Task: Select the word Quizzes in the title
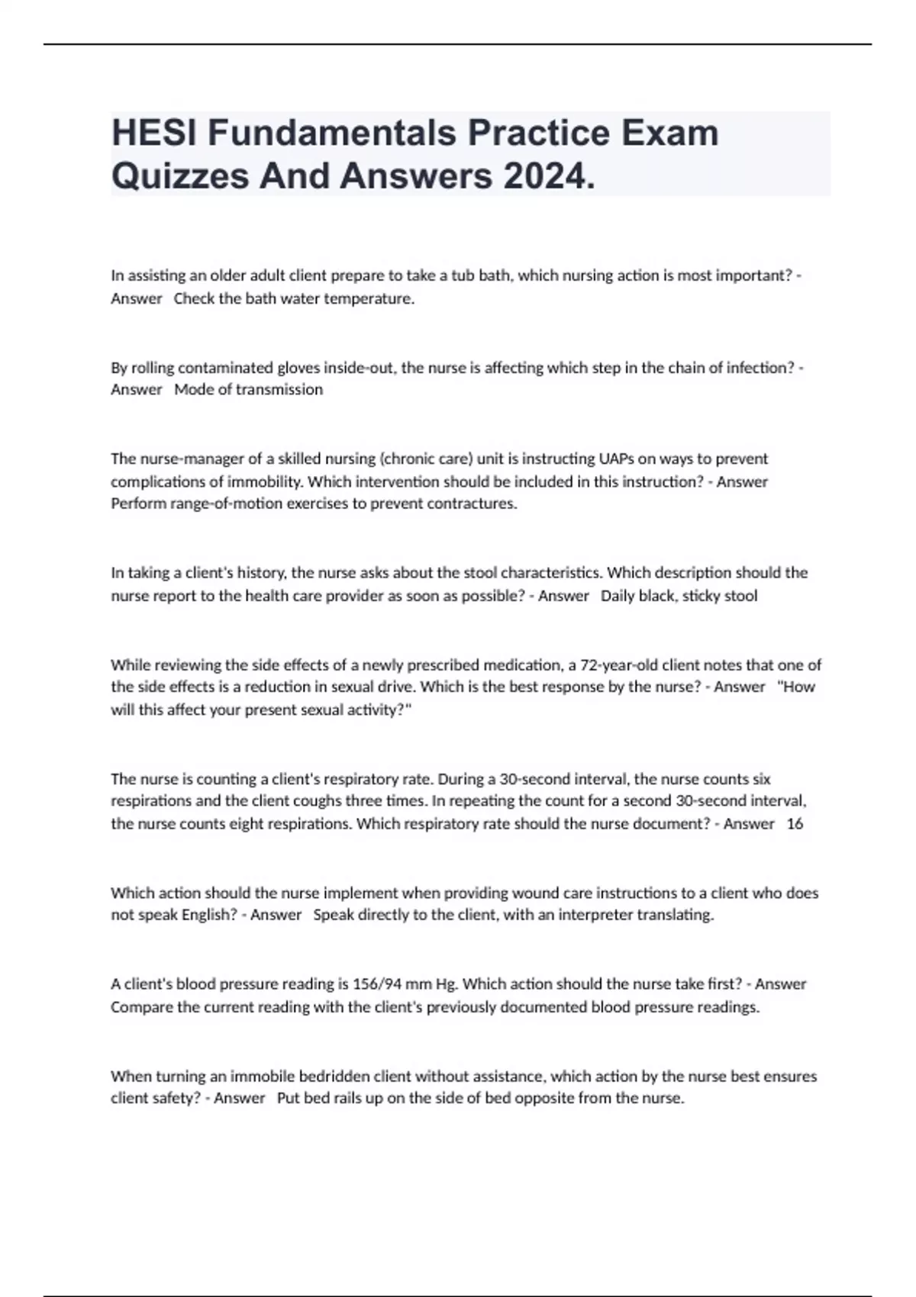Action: click(x=179, y=177)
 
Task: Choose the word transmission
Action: click(x=279, y=389)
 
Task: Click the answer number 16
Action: click(x=795, y=823)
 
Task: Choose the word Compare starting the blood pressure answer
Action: click(x=142, y=1006)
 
